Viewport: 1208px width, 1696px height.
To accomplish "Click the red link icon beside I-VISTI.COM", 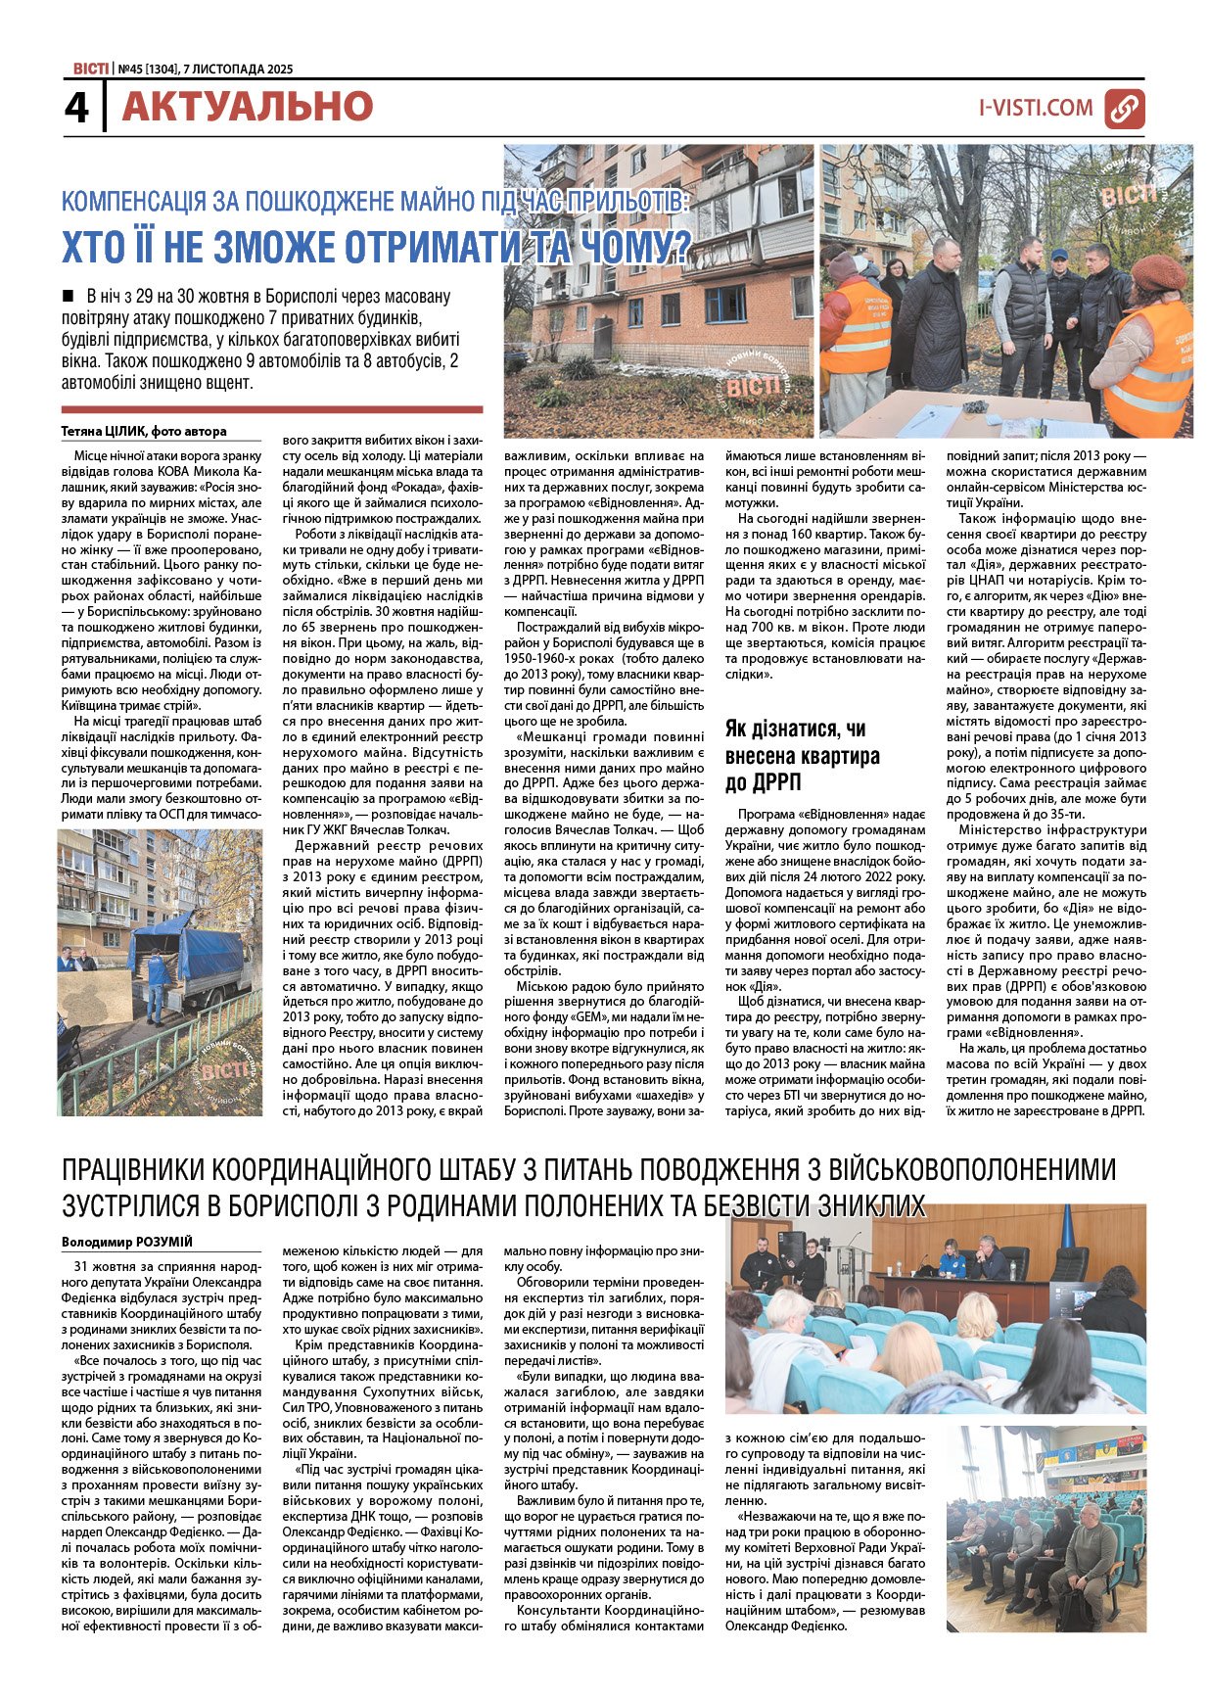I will point(1125,109).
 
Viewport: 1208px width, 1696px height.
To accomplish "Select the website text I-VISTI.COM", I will point(1036,109).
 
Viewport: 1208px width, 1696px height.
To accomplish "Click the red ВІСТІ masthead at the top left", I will point(90,69).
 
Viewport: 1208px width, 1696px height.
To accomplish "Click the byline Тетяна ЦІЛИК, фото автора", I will point(144,431).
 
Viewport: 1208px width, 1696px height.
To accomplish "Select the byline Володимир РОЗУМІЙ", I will point(127,1242).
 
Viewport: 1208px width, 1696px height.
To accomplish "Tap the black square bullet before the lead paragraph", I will point(68,295).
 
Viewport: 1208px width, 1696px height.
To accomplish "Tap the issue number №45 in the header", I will point(129,70).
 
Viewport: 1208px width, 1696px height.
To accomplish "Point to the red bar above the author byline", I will point(272,410).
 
